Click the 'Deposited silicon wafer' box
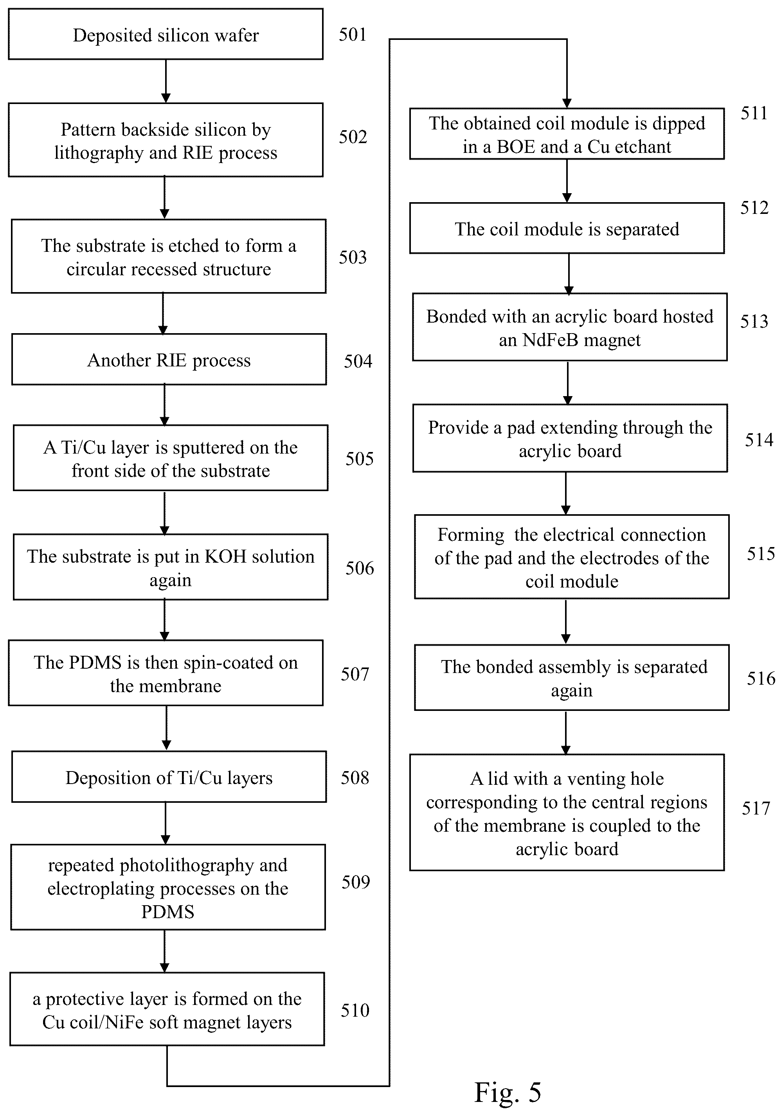point(166,34)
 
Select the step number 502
point(353,137)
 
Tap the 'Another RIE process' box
point(169,359)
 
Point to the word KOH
point(225,556)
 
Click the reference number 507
point(355,674)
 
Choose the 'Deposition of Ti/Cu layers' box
point(169,777)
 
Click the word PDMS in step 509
point(167,912)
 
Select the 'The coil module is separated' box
point(567,228)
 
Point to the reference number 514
point(759,440)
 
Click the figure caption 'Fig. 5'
point(507,1092)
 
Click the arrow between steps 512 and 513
point(569,274)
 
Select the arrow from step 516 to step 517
point(565,732)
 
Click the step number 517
point(756,808)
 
